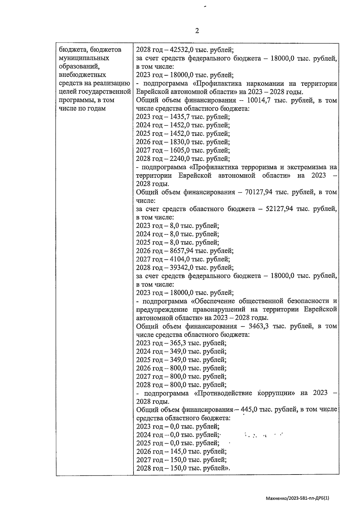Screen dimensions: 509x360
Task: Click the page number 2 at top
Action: click(197, 31)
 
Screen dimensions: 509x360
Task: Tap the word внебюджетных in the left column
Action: click(82, 75)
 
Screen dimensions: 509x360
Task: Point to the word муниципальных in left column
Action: click(84, 58)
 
